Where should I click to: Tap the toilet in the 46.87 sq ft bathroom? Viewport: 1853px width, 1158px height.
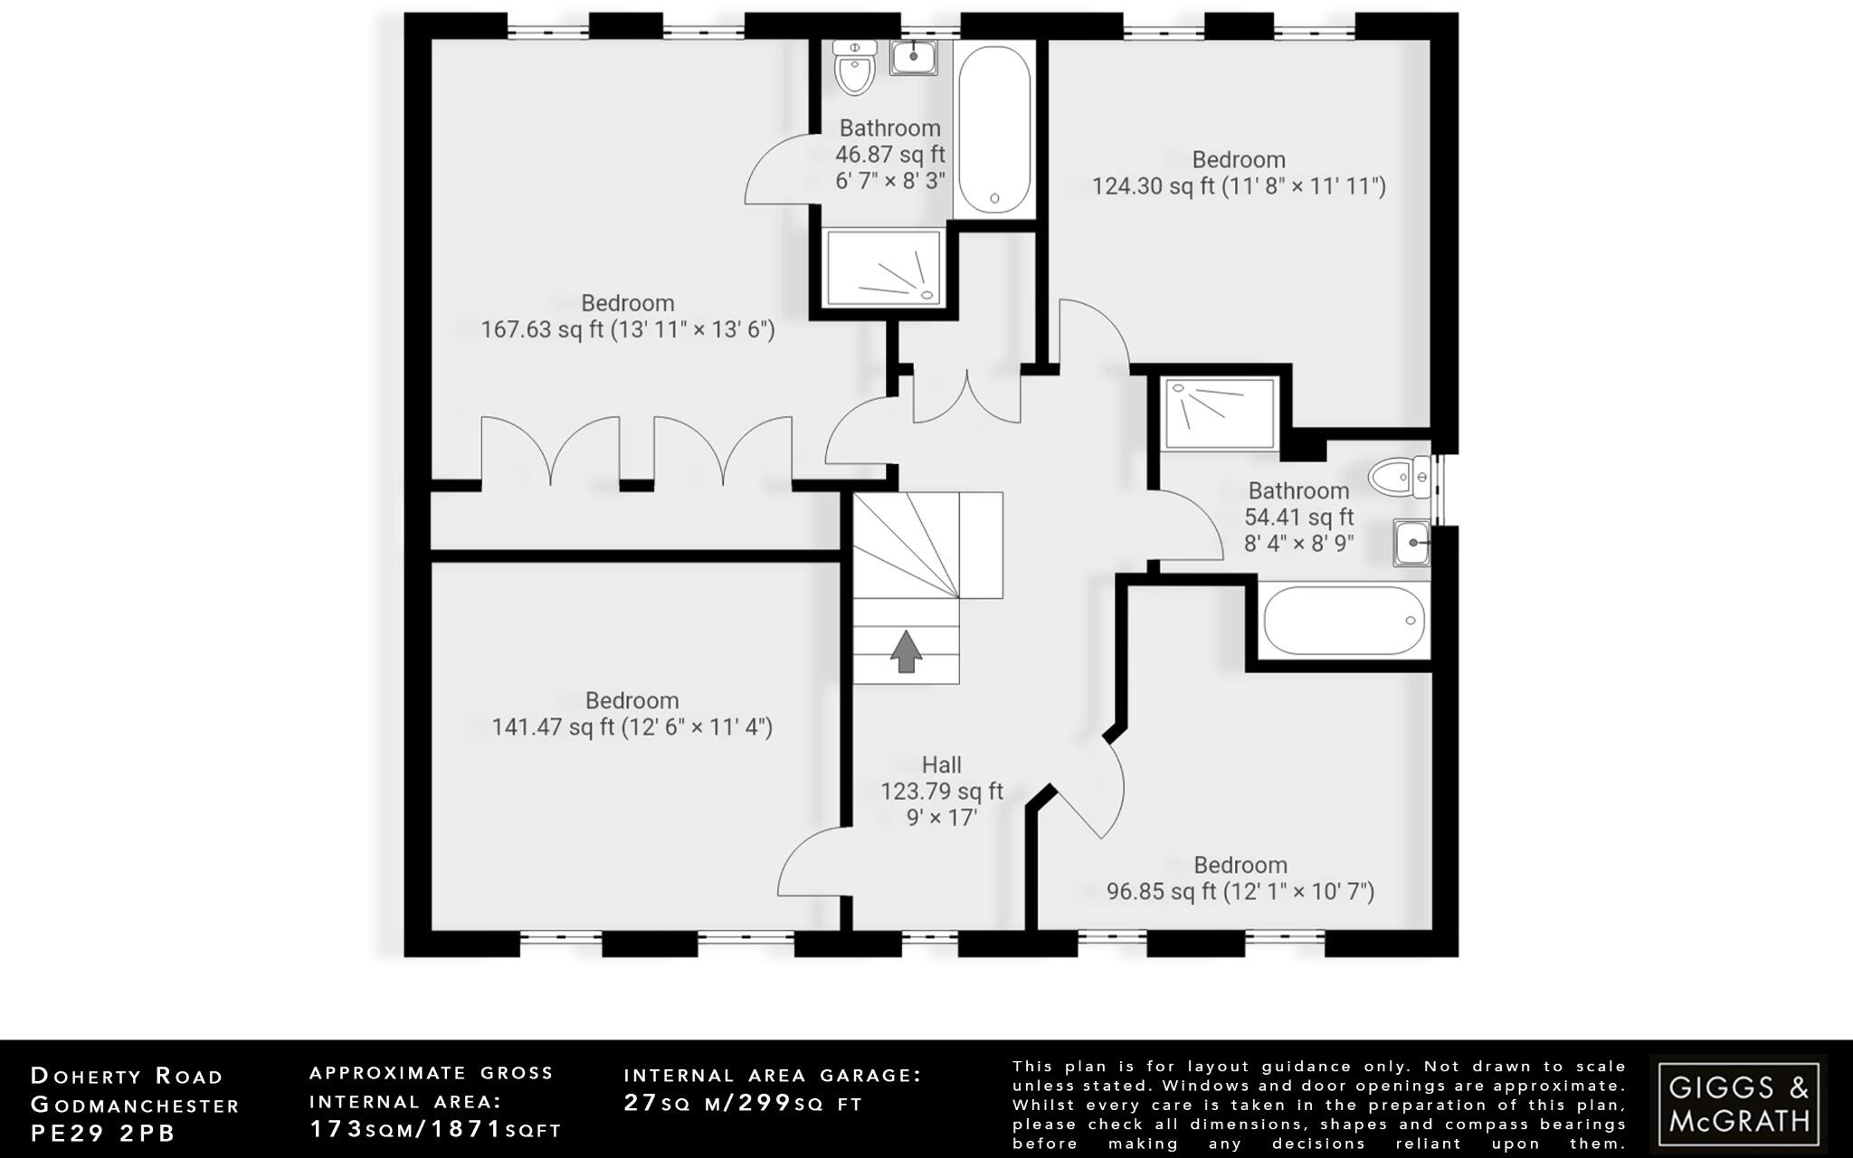click(853, 68)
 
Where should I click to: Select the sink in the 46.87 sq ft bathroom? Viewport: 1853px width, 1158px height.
click(914, 57)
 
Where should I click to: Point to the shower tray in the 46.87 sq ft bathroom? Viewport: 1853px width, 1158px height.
click(884, 268)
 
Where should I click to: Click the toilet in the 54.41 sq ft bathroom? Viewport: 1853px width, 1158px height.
click(1399, 477)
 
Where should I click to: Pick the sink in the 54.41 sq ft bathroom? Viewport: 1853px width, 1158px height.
click(1411, 544)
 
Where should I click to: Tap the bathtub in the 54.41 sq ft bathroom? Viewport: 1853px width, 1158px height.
click(1344, 622)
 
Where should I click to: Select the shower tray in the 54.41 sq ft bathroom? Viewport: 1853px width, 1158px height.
click(1221, 414)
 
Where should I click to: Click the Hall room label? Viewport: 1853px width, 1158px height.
click(942, 765)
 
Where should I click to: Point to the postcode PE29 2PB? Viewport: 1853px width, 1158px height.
click(103, 1133)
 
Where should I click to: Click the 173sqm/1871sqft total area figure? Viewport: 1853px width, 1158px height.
click(435, 1130)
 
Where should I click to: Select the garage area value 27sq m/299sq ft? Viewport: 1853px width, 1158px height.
click(743, 1103)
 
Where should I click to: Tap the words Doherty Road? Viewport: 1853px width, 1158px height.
click(127, 1076)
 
